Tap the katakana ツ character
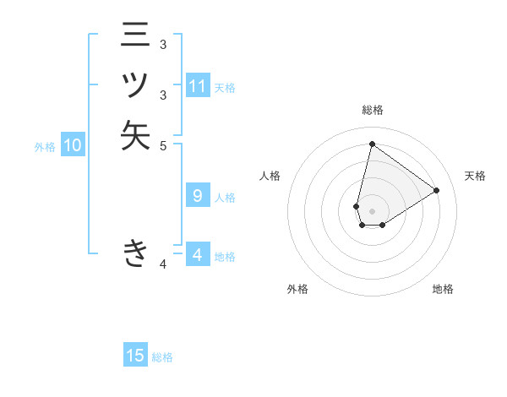[x=135, y=86]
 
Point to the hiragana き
[x=135, y=253]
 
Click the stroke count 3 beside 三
[x=163, y=45]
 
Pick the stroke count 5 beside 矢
[x=163, y=145]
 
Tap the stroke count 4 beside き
[x=163, y=265]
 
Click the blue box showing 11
[x=198, y=86]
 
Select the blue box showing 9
[x=198, y=196]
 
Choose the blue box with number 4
[x=198, y=254]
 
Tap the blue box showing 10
[x=73, y=145]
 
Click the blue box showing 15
[x=135, y=356]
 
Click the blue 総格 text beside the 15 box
[x=162, y=357]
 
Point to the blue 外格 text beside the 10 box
[x=45, y=147]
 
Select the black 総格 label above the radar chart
[x=372, y=110]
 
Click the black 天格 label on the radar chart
[x=475, y=176]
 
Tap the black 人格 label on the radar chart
[x=270, y=176]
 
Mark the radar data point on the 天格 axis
[x=437, y=190]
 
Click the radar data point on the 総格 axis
[x=372, y=144]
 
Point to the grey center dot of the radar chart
[x=372, y=211]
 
